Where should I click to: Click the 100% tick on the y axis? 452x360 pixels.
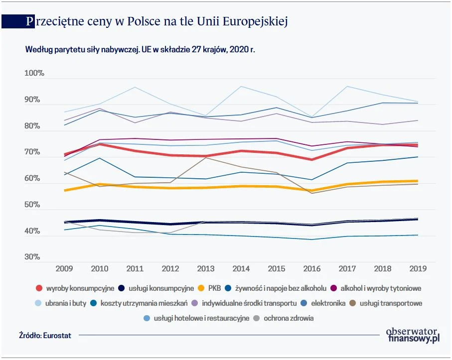pyautogui.click(x=34, y=74)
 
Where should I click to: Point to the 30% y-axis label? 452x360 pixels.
pyautogui.click(x=32, y=257)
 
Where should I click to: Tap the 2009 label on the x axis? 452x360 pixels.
pyautogui.click(x=64, y=269)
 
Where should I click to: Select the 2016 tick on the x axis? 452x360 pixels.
pyautogui.click(x=312, y=269)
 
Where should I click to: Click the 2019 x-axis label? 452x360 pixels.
pyautogui.click(x=418, y=269)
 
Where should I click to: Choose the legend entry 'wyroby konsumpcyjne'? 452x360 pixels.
pyautogui.click(x=80, y=288)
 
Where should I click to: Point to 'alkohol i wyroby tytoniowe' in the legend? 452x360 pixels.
pyautogui.click(x=381, y=288)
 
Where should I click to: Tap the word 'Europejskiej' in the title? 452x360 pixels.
pyautogui.click(x=255, y=22)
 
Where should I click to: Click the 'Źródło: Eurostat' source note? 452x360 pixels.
pyautogui.click(x=45, y=336)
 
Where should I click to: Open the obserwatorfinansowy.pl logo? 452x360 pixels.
pyautogui.click(x=413, y=335)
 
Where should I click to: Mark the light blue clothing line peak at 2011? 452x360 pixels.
pyautogui.click(x=135, y=87)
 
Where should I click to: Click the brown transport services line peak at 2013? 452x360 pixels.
pyautogui.click(x=206, y=157)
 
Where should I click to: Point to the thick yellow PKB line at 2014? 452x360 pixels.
pyautogui.click(x=241, y=186)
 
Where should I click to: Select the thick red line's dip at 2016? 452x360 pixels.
pyautogui.click(x=312, y=159)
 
